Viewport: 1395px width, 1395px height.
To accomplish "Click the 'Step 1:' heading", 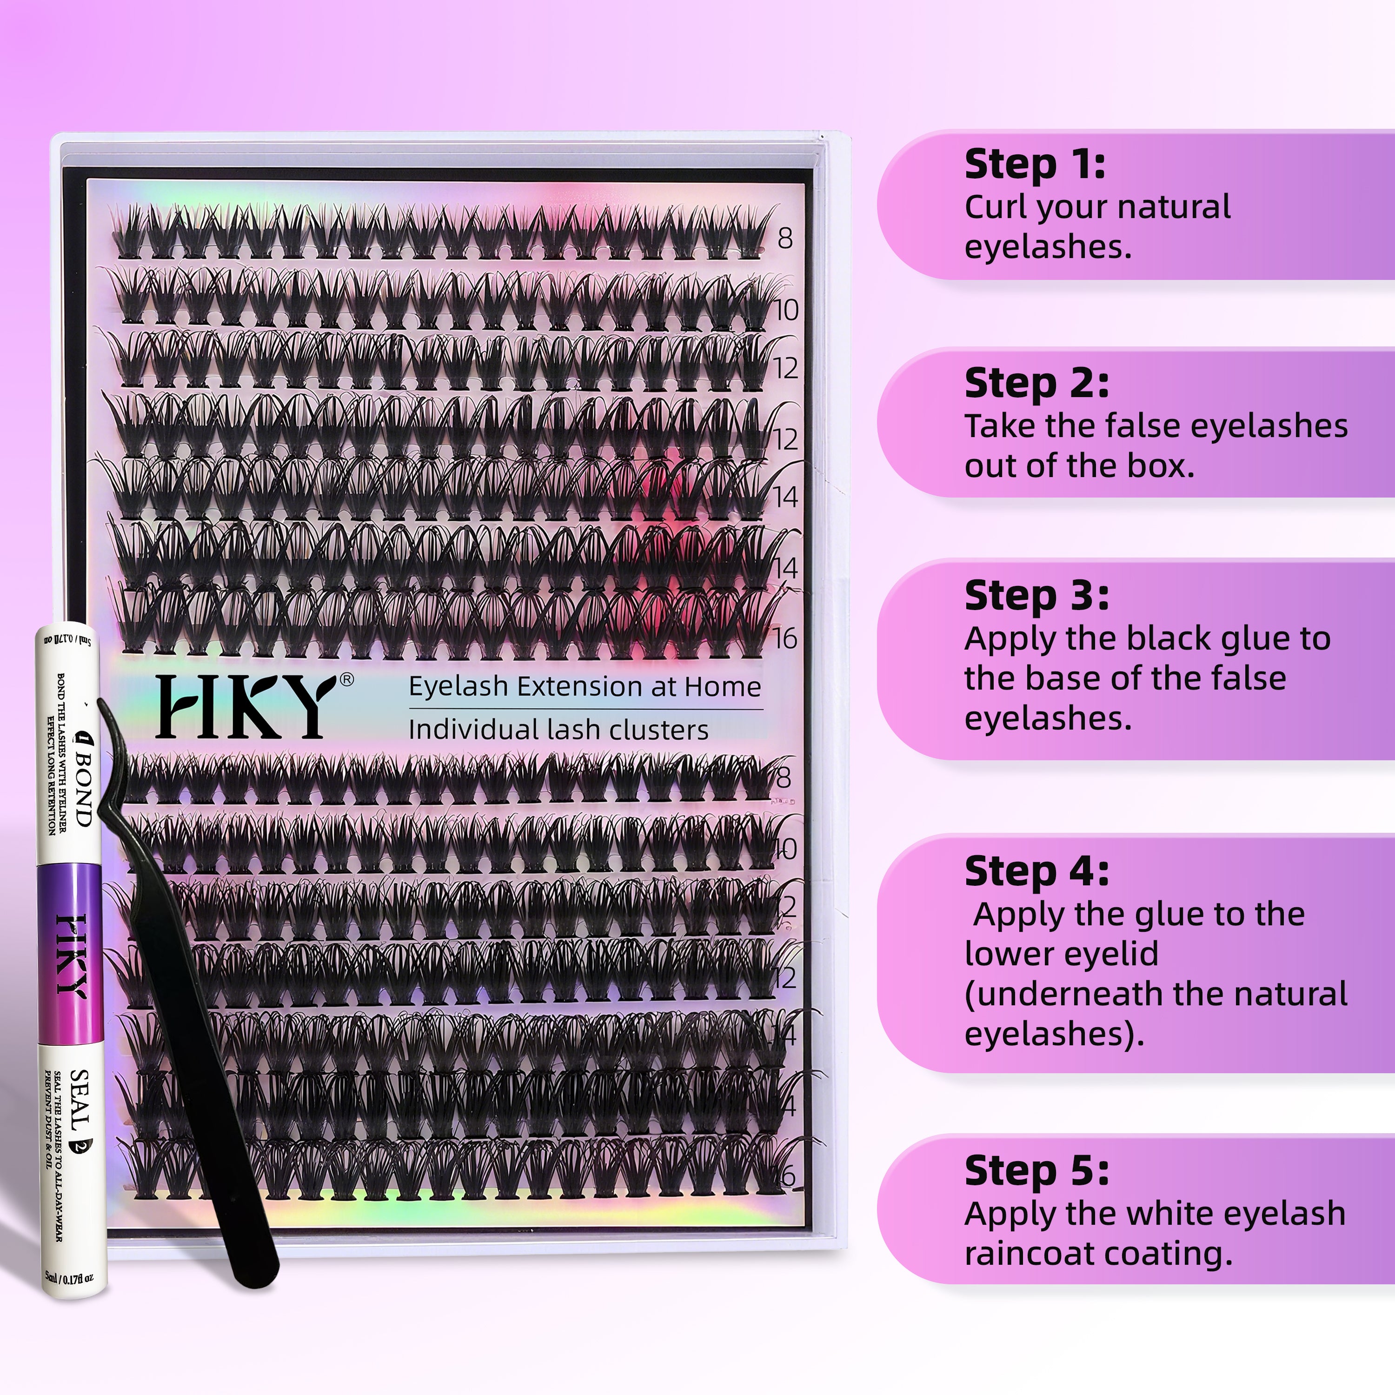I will (x=1035, y=165).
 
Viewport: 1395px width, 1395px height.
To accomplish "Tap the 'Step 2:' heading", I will (x=1036, y=384).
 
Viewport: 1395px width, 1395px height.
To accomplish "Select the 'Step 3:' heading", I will (x=1036, y=597).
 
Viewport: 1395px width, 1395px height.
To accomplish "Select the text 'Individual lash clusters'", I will (x=558, y=730).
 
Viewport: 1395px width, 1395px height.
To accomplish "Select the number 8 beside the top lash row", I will (x=785, y=238).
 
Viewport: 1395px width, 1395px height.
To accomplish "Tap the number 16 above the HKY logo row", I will (x=785, y=638).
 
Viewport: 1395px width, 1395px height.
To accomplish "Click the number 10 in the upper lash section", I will (x=786, y=311).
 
